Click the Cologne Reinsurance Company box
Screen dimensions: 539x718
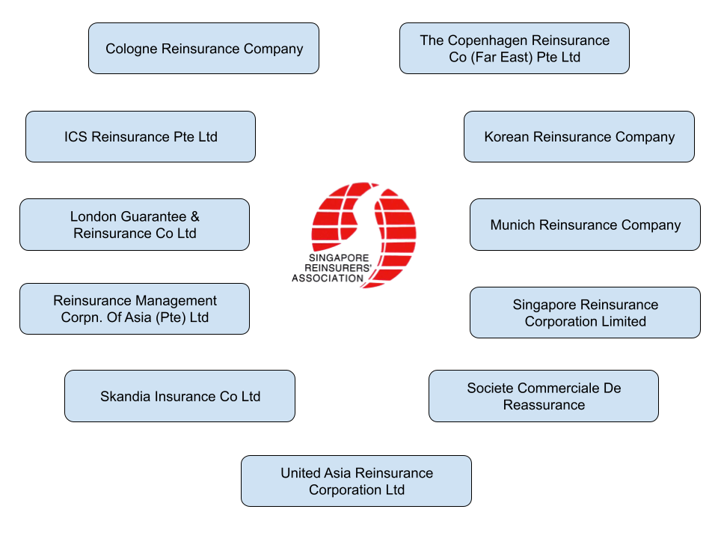[x=203, y=49]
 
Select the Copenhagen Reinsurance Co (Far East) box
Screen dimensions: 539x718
[x=515, y=49]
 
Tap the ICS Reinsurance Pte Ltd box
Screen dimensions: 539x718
[x=141, y=137]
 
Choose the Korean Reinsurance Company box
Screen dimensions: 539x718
[x=579, y=137]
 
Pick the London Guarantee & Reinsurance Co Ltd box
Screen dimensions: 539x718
[x=135, y=225]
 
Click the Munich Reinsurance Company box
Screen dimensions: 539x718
[x=585, y=225]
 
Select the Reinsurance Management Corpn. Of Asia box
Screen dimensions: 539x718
[x=135, y=308]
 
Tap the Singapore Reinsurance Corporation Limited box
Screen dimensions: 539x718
[x=585, y=313]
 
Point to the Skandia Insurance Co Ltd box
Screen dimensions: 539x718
[x=179, y=396]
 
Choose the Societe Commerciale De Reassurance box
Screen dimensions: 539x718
[x=544, y=396]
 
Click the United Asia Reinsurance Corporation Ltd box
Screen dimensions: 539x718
[x=356, y=481]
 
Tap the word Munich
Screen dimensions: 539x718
[x=512, y=225]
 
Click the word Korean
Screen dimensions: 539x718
[x=506, y=138]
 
